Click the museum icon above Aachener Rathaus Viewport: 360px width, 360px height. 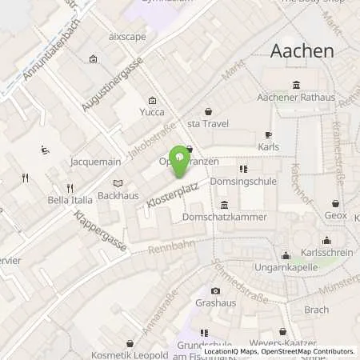point(297,86)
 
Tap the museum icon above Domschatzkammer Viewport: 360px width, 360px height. point(223,203)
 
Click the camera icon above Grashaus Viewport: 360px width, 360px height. point(214,291)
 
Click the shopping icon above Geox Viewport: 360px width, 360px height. point(335,204)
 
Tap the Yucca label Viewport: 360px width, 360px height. point(153,112)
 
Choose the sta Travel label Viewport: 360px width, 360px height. point(208,125)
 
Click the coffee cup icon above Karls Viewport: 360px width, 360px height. point(269,135)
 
